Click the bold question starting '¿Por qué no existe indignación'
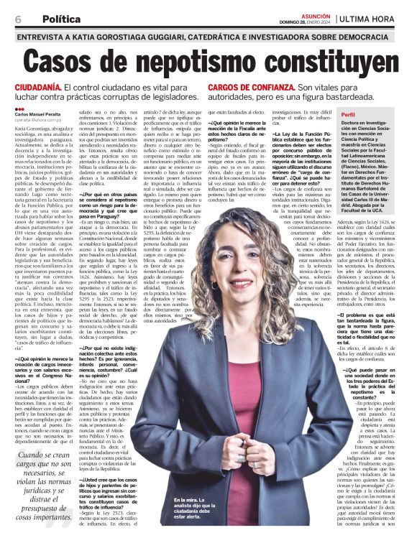tap(114, 358)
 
